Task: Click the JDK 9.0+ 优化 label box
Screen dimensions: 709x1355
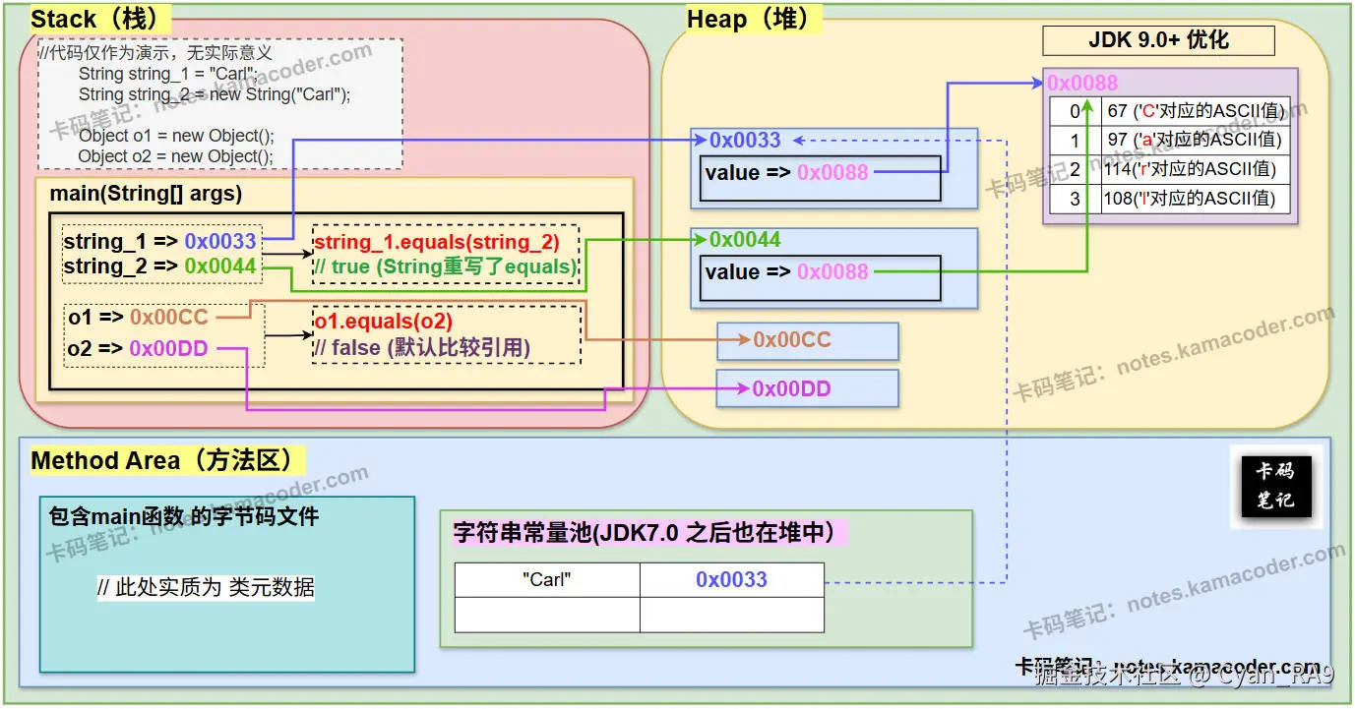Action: point(1158,41)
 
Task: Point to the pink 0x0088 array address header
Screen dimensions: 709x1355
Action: point(1082,83)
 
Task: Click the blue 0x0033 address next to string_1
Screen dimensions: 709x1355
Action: point(220,241)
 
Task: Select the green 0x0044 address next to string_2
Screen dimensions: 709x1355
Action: point(220,266)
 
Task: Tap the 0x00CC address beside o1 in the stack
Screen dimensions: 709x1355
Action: point(169,317)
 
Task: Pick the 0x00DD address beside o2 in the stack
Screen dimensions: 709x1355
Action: point(168,348)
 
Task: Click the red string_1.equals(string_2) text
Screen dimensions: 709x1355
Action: point(436,242)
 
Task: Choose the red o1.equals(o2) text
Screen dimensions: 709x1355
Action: point(383,322)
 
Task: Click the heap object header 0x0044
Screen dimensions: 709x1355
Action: point(745,240)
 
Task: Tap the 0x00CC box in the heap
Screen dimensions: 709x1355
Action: point(807,340)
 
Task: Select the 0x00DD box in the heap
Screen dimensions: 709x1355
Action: point(807,388)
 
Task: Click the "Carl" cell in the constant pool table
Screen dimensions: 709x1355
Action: point(547,579)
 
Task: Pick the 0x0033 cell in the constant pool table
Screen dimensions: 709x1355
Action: point(731,579)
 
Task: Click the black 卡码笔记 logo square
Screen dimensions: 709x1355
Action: point(1275,486)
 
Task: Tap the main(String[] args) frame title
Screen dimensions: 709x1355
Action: point(146,193)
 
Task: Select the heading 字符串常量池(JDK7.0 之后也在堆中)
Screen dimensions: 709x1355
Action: point(644,533)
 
